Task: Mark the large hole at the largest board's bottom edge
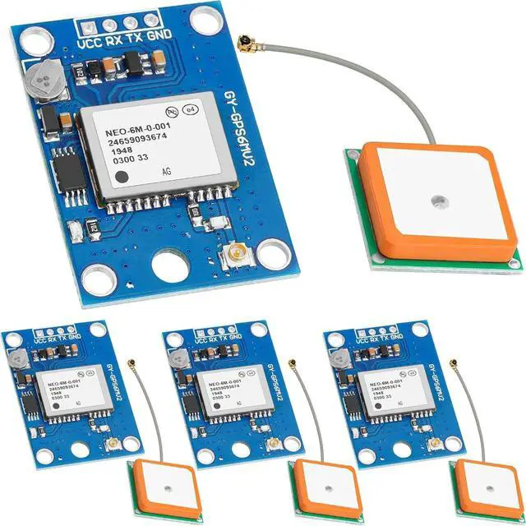click(172, 268)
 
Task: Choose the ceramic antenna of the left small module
click(157, 488)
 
